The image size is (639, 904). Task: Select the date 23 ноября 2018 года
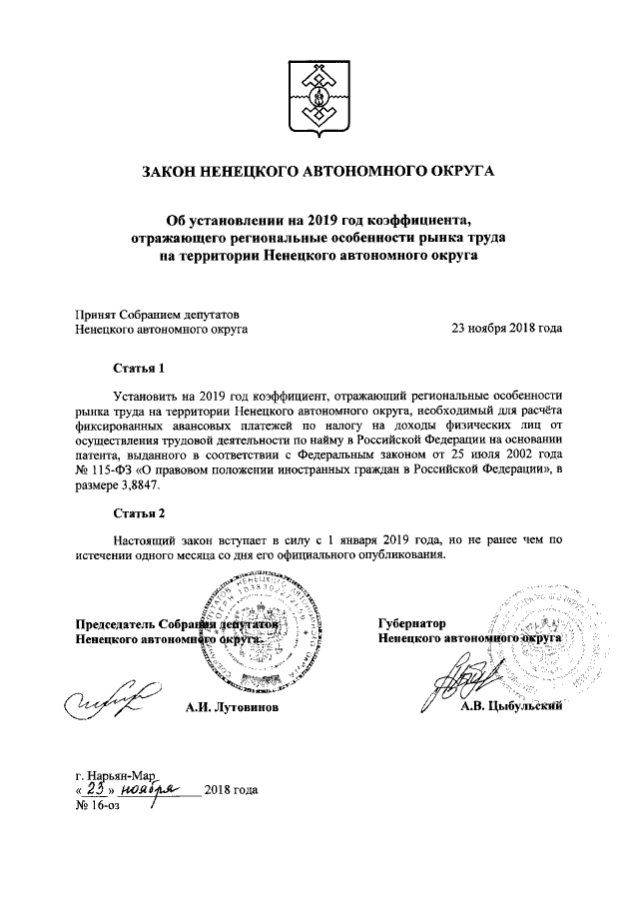click(x=507, y=327)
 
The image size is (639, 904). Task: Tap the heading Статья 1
click(x=138, y=368)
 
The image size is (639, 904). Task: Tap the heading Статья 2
click(x=138, y=513)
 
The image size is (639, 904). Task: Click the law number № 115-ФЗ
click(x=108, y=469)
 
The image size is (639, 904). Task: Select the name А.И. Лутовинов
click(x=232, y=708)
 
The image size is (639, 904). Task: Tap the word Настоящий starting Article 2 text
click(x=145, y=536)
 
